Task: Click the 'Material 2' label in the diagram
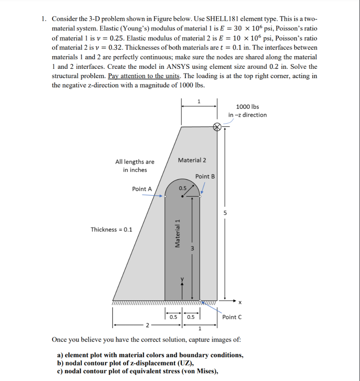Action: point(192,160)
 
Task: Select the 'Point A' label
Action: point(142,189)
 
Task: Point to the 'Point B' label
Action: point(205,176)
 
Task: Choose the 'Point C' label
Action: point(232,317)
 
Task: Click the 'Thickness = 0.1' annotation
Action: point(111,230)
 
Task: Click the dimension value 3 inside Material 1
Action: point(192,248)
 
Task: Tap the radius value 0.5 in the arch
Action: point(182,188)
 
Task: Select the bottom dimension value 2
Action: point(147,326)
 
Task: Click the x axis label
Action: point(240,303)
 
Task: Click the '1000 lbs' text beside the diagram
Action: point(248,107)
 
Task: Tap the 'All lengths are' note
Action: point(135,162)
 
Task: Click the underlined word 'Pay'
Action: point(114,76)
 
